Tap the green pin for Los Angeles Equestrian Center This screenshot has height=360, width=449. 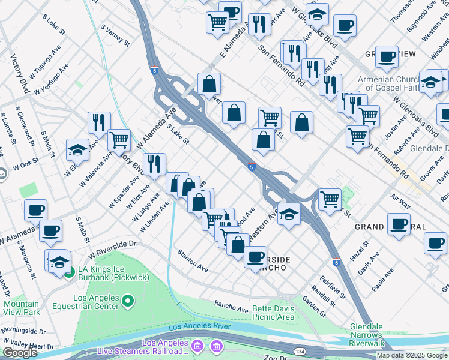pos(128,300)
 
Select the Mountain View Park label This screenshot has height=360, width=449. pos(21,308)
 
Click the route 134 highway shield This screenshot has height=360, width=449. pos(299,351)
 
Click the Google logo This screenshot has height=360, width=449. pos(20,353)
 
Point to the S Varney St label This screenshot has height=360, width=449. pos(115,35)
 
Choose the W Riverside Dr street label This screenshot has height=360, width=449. pos(112,247)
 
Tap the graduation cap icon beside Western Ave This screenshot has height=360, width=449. pos(289,214)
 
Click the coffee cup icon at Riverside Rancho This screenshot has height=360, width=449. pos(256,256)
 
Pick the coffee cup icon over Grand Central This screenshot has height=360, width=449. pos(399,224)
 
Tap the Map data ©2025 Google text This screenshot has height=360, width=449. pos(412,355)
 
